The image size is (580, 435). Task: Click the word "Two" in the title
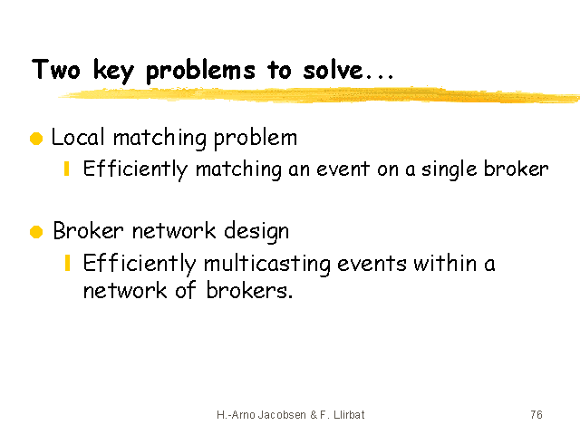56,69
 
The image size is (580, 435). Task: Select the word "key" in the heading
112,71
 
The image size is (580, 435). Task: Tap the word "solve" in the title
333,69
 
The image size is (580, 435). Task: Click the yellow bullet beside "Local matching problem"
36,139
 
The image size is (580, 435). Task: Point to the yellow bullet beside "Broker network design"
36,232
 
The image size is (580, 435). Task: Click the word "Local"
78,137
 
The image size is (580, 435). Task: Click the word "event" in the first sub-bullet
343,169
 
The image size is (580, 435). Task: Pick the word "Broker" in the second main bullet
88,231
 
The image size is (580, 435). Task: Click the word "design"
256,232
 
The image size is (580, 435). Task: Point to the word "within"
445,264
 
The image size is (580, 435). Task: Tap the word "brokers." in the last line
249,290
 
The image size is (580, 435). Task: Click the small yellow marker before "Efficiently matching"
67,169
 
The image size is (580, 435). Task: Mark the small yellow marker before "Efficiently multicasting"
67,263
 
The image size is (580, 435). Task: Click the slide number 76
536,415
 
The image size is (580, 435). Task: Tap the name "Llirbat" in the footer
349,415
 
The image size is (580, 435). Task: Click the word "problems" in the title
200,71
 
